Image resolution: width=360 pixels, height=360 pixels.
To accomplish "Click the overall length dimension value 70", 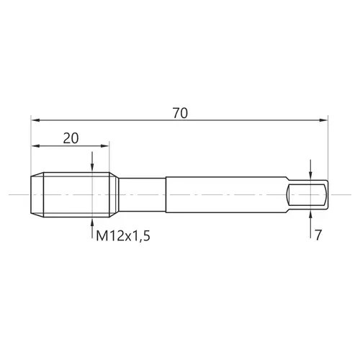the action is tap(180, 113).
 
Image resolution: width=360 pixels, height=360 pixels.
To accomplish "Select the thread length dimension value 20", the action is tap(71, 138).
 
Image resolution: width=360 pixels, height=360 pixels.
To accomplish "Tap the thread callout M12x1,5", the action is tap(123, 235).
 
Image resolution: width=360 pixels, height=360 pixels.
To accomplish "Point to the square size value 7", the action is tap(318, 235).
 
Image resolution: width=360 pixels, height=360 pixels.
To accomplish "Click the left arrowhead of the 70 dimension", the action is tap(35, 120).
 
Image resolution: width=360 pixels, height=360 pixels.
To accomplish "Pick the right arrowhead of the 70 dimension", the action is tap(323, 120).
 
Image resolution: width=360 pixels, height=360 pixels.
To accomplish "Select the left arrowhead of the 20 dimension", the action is tap(35, 145).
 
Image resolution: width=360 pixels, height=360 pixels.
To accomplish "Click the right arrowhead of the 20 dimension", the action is tap(105, 145).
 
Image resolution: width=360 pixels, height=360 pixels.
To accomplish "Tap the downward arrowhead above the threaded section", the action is tap(92, 168).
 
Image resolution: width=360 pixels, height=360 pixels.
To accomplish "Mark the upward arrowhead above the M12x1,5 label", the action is tap(92, 222).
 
